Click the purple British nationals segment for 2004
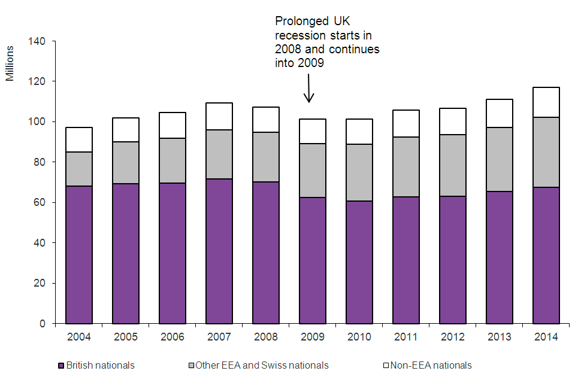coord(79,254)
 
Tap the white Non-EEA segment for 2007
coord(219,116)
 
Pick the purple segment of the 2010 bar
coord(359,262)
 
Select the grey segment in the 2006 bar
coord(172,160)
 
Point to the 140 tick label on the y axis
coord(38,41)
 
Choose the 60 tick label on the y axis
coord(40,203)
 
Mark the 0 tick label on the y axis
coord(43,324)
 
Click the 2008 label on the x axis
coord(265,337)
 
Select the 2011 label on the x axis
coord(405,337)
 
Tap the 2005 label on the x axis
coord(125,337)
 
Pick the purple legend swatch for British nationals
coord(60,366)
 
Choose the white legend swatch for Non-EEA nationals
coord(386,366)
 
